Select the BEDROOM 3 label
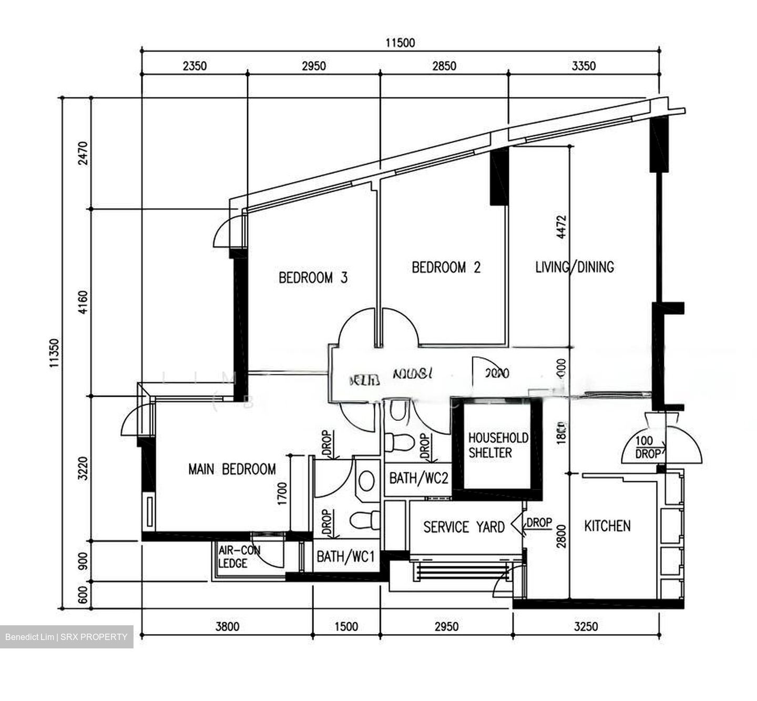click(313, 278)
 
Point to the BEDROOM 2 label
click(446, 268)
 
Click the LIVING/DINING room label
click(574, 267)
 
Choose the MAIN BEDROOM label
click(232, 469)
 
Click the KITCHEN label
click(607, 526)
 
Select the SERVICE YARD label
click(464, 527)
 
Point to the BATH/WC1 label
click(345, 556)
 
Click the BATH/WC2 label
click(418, 479)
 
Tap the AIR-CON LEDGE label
click(239, 556)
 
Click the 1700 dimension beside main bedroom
click(283, 493)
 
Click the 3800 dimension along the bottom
click(227, 626)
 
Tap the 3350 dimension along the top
click(584, 66)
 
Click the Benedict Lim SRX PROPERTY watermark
click(66, 637)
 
